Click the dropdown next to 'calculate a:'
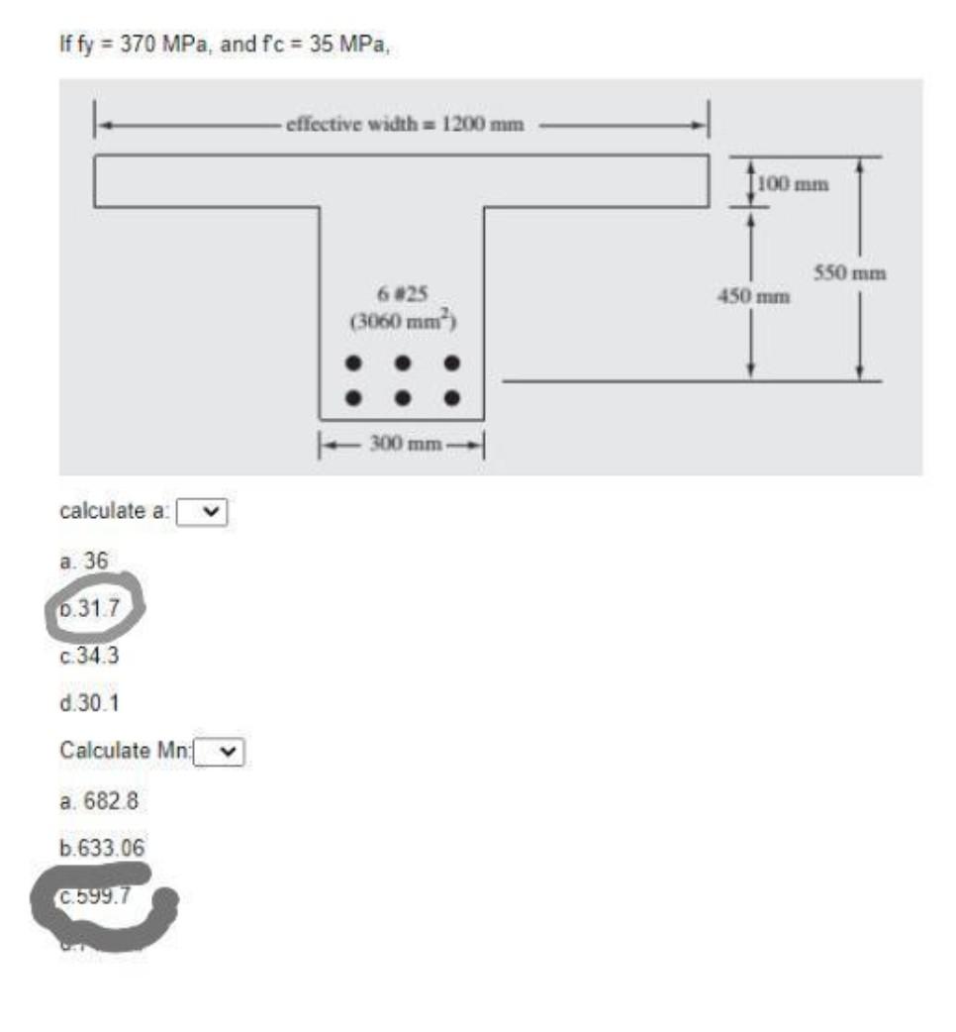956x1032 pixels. point(203,512)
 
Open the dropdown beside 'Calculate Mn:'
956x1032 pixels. point(220,752)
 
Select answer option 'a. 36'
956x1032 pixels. point(83,562)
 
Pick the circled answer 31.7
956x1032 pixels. point(95,608)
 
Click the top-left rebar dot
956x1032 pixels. point(352,363)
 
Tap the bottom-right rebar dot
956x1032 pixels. point(452,398)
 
